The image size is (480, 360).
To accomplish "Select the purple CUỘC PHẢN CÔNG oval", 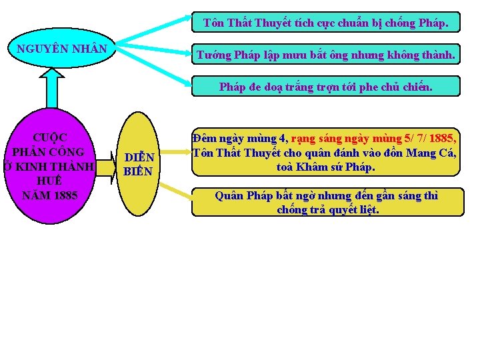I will tap(49, 167).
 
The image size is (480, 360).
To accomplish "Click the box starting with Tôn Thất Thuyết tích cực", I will tap(325, 23).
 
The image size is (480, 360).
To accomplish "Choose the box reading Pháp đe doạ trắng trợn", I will tap(325, 87).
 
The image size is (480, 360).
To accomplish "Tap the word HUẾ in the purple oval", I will tap(49, 181).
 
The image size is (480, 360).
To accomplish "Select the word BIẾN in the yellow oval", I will tap(138, 171).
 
